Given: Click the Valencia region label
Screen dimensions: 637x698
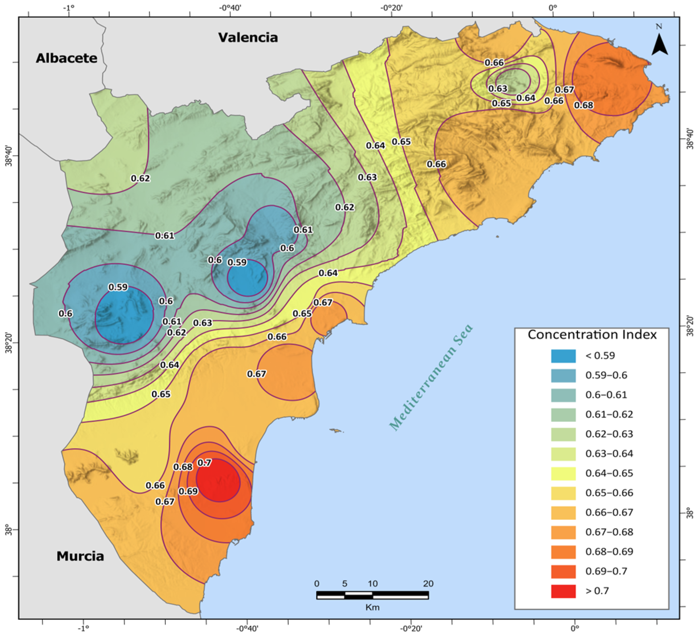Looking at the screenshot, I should click(x=248, y=37).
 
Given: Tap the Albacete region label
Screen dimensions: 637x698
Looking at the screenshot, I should click(x=66, y=58).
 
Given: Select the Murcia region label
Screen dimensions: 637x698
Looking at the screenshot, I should click(x=80, y=556).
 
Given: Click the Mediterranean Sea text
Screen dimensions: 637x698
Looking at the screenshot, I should click(x=431, y=378).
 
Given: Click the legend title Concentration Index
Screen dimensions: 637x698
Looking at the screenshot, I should click(x=592, y=334).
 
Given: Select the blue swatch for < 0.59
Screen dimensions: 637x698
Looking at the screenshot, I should click(x=563, y=356).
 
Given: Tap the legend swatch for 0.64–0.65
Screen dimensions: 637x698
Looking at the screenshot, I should click(x=563, y=473).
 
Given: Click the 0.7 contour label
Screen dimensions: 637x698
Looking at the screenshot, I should click(x=204, y=463).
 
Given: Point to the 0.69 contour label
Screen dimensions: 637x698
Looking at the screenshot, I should click(x=188, y=491).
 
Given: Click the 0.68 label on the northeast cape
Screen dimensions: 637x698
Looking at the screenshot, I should click(x=584, y=105).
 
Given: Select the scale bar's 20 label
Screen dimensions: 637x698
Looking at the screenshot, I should click(x=428, y=584).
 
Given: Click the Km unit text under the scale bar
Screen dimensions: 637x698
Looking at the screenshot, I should click(x=373, y=607).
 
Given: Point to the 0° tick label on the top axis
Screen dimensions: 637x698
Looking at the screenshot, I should click(x=553, y=7).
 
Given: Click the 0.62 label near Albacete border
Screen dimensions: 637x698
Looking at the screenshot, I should click(x=141, y=178).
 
